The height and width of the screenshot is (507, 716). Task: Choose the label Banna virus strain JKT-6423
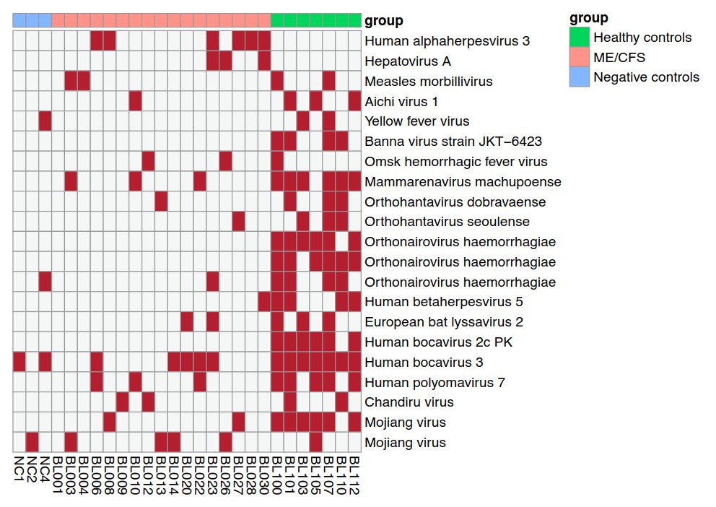click(x=453, y=142)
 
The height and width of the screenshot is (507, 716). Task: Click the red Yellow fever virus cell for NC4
click(x=45, y=121)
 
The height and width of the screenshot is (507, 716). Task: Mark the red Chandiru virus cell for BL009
click(x=122, y=402)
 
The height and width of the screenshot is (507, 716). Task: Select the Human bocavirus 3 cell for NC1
click(x=19, y=362)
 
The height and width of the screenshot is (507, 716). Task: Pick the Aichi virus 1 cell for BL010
click(x=135, y=101)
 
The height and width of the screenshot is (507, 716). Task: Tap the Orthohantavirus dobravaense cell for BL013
click(x=161, y=201)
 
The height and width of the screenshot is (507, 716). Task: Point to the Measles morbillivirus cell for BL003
click(x=71, y=82)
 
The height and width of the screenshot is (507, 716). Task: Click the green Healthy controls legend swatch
click(x=579, y=37)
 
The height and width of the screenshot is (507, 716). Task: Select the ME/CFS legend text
click(x=619, y=57)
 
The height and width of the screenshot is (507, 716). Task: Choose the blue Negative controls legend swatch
click(x=579, y=77)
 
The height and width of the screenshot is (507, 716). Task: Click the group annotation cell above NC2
click(x=32, y=21)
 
